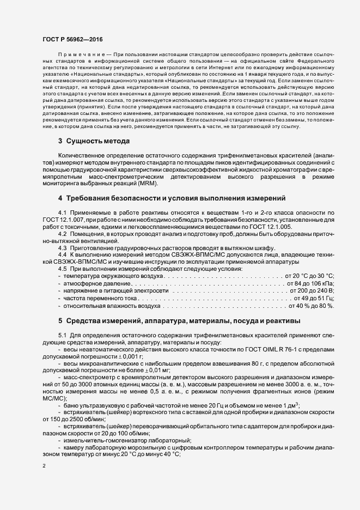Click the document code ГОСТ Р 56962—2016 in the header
click(72, 40)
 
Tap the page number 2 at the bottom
click(44, 466)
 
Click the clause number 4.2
click(62, 233)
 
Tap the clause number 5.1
click(62, 334)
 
